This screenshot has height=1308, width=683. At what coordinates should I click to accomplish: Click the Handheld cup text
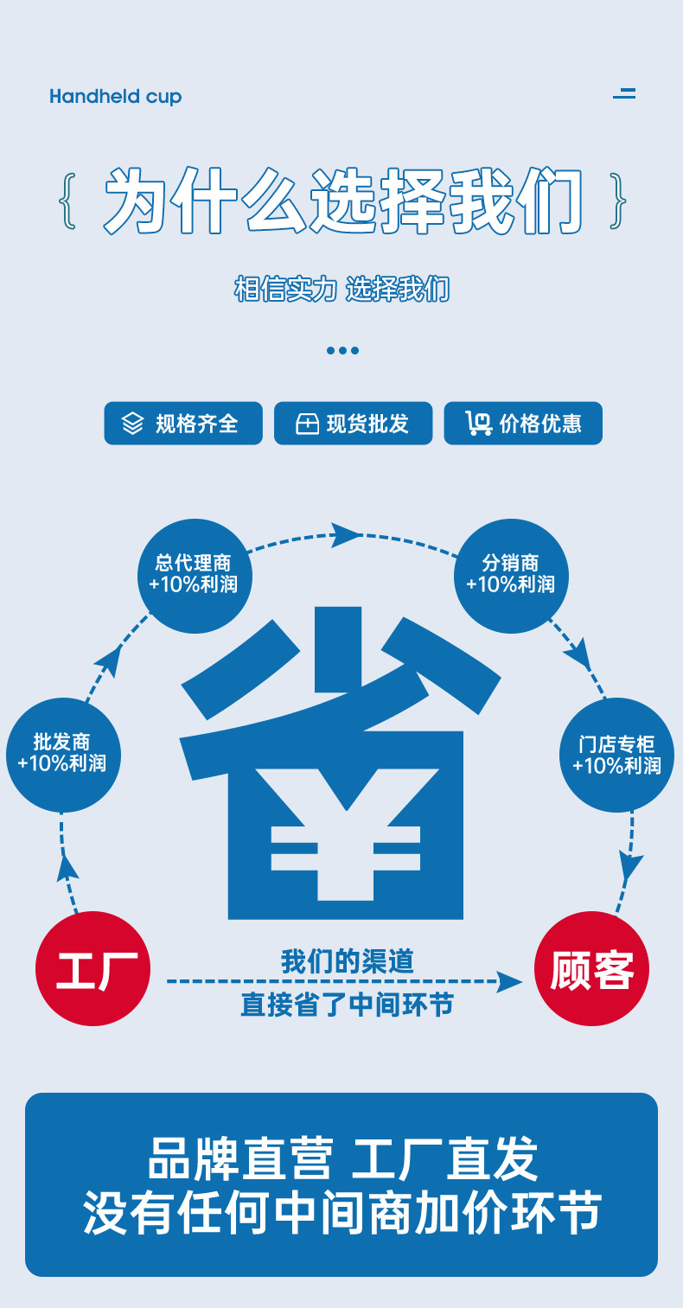[x=116, y=96]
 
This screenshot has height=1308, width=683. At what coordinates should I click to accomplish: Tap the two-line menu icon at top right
[x=624, y=93]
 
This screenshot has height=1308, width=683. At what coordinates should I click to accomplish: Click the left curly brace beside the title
[x=68, y=202]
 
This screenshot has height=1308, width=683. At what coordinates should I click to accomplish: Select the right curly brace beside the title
[x=617, y=202]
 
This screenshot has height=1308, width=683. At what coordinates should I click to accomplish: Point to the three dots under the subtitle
[x=342, y=350]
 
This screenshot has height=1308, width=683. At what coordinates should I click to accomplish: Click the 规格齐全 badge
[x=183, y=424]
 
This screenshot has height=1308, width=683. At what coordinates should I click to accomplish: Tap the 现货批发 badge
[x=353, y=424]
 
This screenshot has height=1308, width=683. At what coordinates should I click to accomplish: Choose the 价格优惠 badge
[x=523, y=424]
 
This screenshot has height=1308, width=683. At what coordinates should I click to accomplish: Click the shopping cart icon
[x=478, y=424]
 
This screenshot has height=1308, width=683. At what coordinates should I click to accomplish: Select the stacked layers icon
[x=132, y=424]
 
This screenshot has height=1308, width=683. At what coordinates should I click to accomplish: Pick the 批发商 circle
[x=62, y=755]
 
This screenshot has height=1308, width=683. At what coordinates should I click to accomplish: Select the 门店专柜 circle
[x=617, y=755]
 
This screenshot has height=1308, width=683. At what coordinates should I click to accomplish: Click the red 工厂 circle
[x=93, y=968]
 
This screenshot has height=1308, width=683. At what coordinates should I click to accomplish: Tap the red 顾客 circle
[x=591, y=968]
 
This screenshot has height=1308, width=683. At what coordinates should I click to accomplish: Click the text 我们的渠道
[x=348, y=961]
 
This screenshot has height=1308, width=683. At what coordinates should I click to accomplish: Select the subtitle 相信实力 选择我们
[x=342, y=289]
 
